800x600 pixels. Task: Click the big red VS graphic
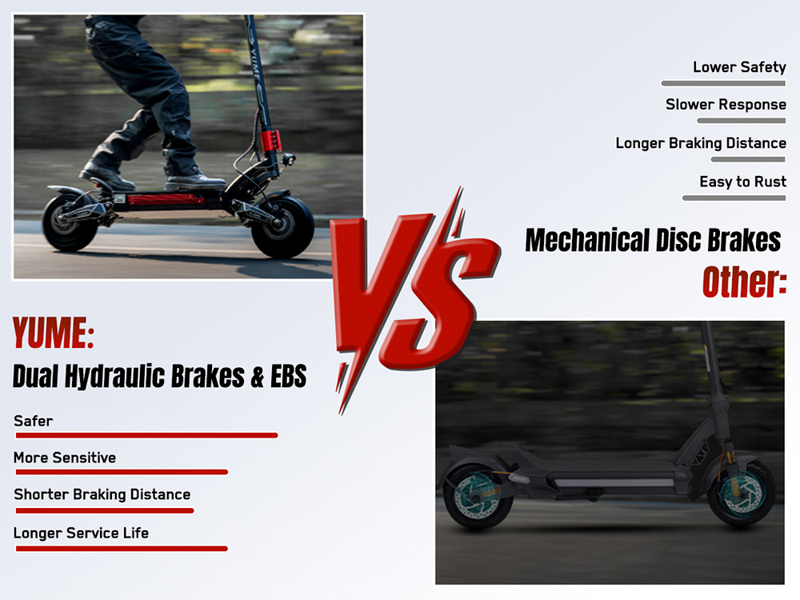pos(412,296)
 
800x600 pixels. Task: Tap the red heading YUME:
pos(54,334)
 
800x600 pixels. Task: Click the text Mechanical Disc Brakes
pos(653,240)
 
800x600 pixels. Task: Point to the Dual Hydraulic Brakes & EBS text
pos(160,375)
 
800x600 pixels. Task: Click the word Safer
pos(33,420)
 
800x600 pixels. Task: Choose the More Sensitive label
pos(65,458)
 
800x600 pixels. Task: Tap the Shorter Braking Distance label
pos(102,494)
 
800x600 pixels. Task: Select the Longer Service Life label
pos(81,532)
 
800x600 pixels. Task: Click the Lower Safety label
pos(739,67)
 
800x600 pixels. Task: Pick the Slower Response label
pos(726,105)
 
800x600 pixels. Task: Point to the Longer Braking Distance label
pos(701,143)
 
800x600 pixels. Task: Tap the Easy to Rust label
pos(742,182)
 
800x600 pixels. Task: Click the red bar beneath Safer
pos(146,435)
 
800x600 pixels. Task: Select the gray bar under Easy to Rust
pos(734,198)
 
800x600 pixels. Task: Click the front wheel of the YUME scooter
pos(283,226)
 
